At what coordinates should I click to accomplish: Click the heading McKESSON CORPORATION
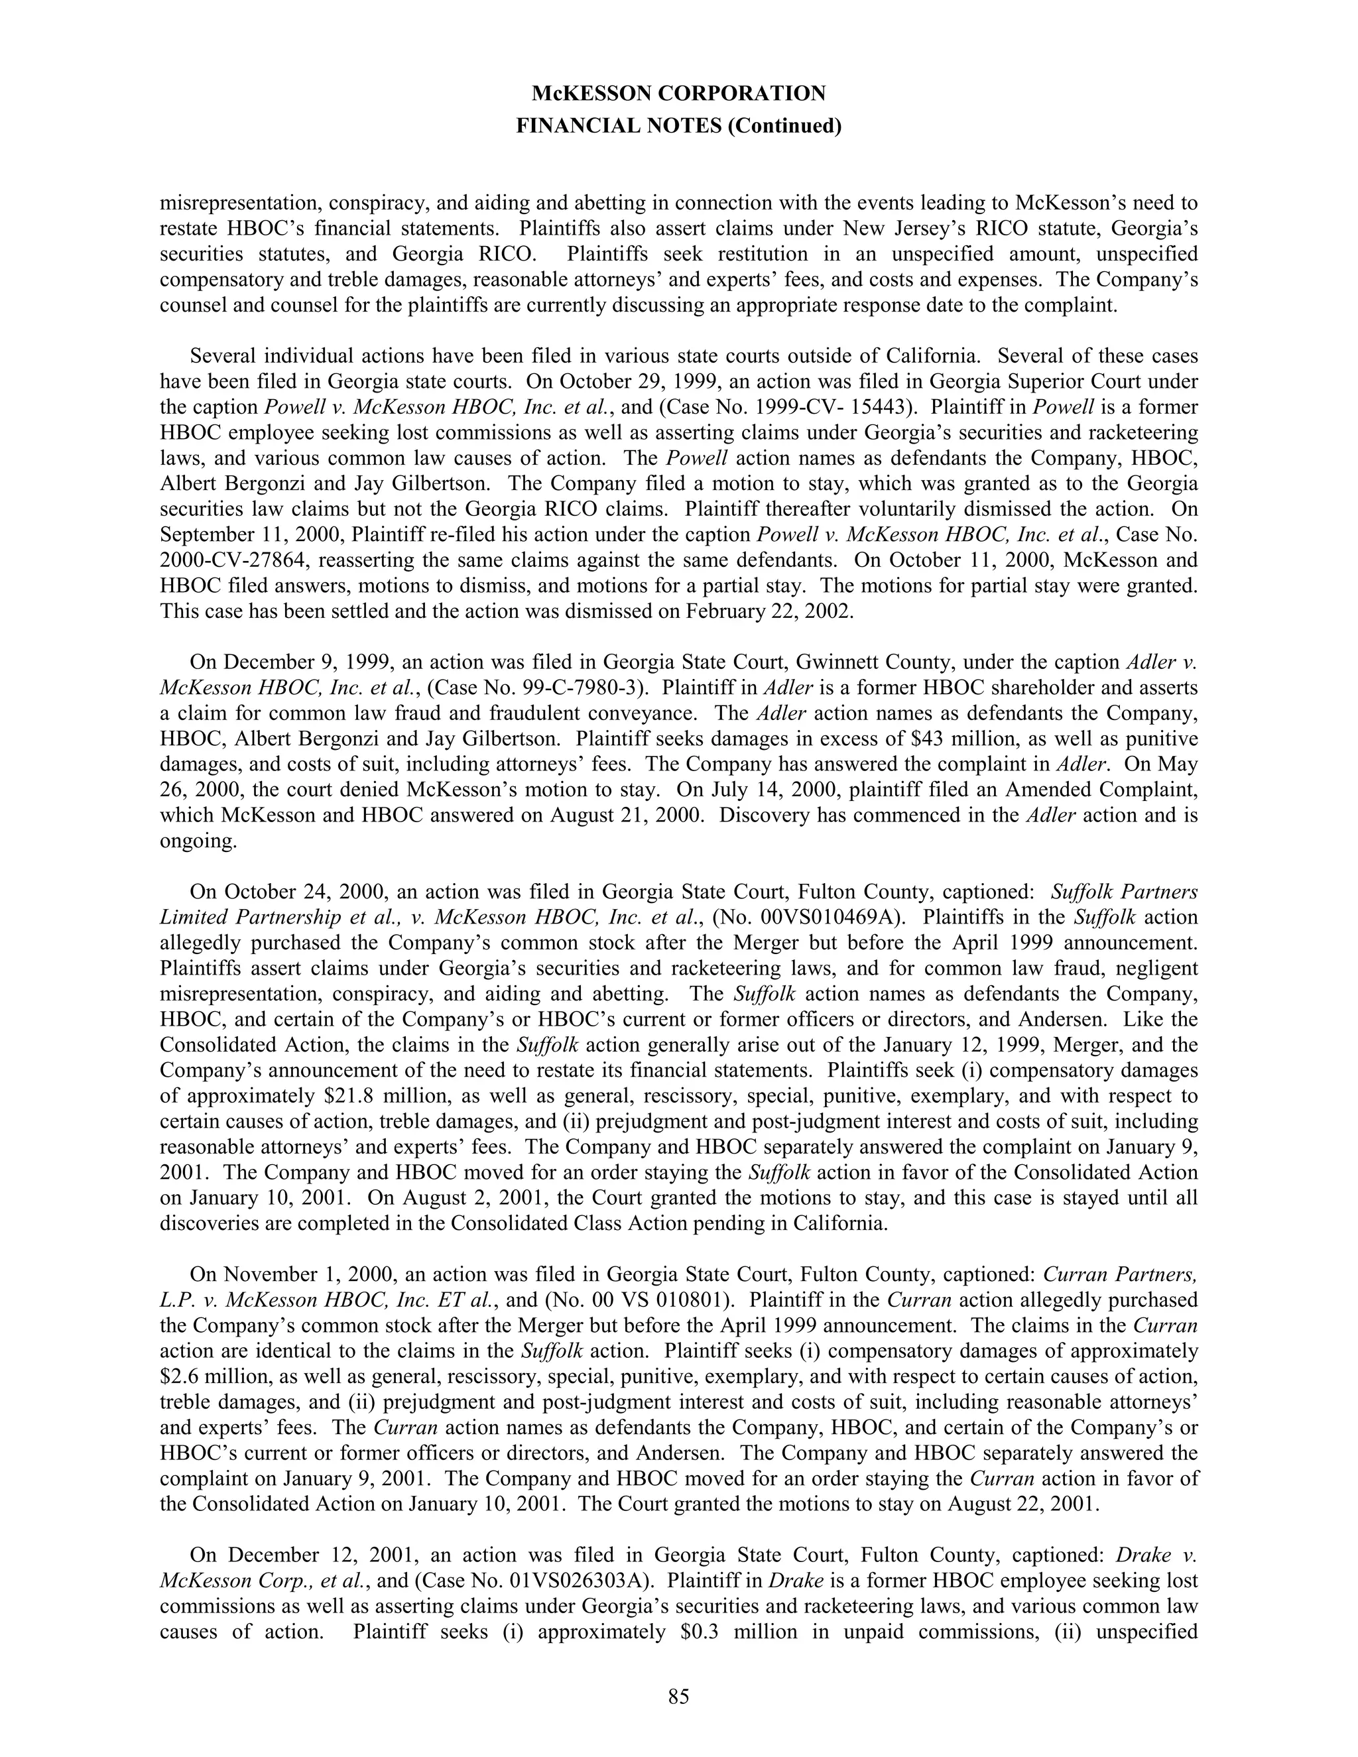coord(678,94)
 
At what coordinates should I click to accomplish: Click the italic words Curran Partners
coord(1120,1274)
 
